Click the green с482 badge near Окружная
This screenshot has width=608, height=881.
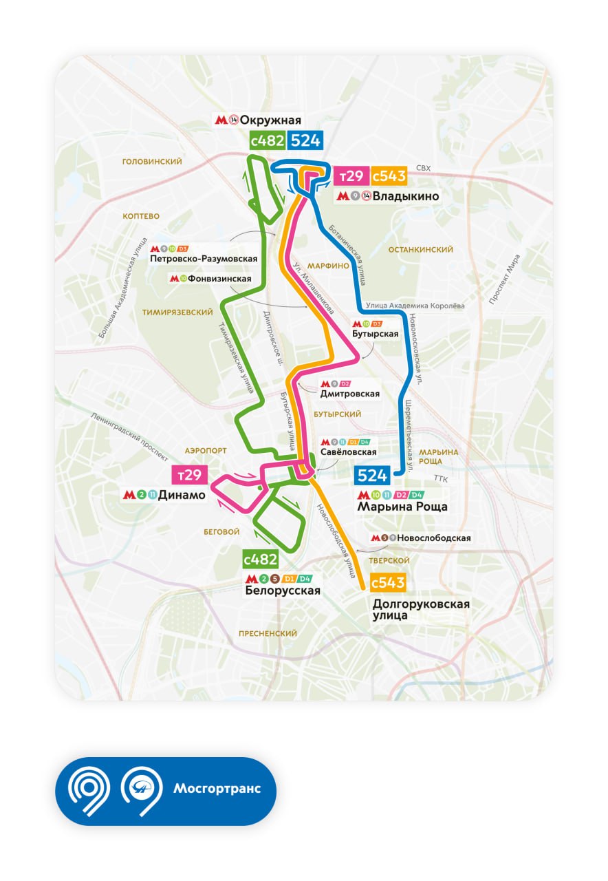[x=267, y=141]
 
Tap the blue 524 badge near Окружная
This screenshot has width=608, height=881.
[x=305, y=141]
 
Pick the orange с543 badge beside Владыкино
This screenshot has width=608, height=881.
[x=389, y=176]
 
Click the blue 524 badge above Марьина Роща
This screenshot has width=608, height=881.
[x=373, y=475]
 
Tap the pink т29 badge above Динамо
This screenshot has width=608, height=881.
[x=188, y=475]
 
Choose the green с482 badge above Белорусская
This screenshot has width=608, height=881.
[x=261, y=559]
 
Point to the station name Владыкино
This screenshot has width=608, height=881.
[x=405, y=196]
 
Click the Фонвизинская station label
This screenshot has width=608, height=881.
[x=219, y=279]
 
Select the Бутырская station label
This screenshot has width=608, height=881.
[x=375, y=334]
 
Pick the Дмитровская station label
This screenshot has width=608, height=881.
[x=350, y=394]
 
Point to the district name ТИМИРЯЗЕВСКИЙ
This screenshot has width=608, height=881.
[x=177, y=312]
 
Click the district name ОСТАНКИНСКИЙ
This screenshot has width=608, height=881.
[x=420, y=250]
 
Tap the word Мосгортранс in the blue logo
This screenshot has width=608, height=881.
[x=217, y=789]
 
